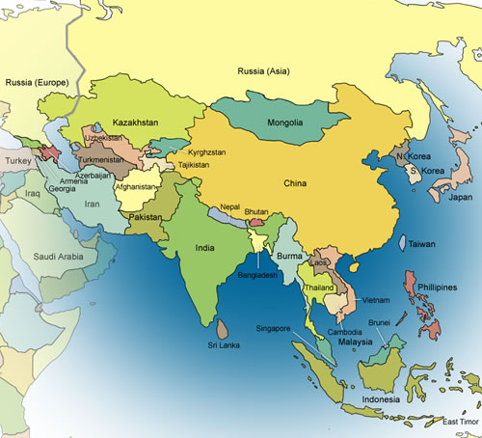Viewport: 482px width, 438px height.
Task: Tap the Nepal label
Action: click(x=229, y=206)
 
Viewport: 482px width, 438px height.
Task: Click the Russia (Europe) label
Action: click(x=37, y=84)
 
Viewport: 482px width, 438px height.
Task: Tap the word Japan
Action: click(x=461, y=199)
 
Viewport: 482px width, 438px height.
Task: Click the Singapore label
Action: click(x=272, y=328)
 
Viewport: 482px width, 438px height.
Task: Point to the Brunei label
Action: click(x=379, y=322)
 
